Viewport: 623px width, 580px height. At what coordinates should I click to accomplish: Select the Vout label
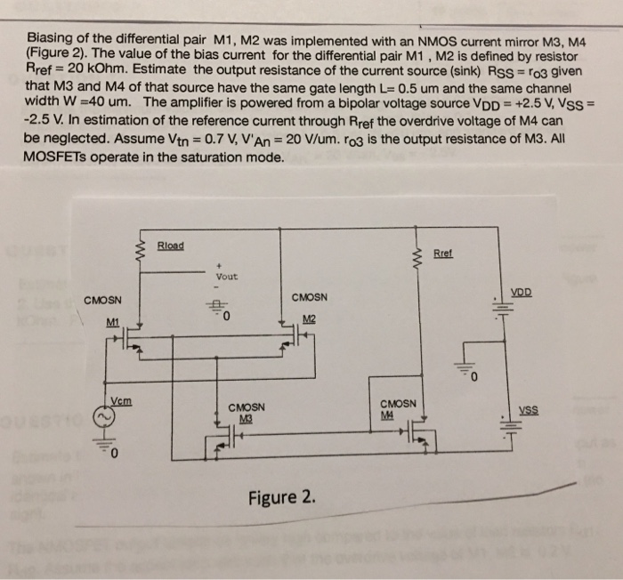coord(226,276)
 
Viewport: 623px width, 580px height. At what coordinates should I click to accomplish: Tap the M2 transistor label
coord(309,320)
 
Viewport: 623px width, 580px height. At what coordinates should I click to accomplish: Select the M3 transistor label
coord(242,420)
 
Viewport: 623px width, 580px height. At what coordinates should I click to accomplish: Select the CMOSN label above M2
coord(309,297)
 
